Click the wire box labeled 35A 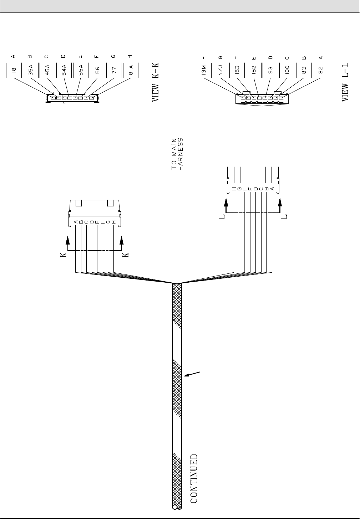(31, 71)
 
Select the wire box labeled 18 (14, 71)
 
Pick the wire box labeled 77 (114, 71)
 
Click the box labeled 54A (64, 71)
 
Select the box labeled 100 (287, 71)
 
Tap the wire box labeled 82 (320, 71)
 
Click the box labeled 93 (270, 71)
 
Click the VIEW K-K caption (156, 83)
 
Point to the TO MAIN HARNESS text (177, 154)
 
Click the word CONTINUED (193, 478)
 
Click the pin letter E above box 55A (80, 56)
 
